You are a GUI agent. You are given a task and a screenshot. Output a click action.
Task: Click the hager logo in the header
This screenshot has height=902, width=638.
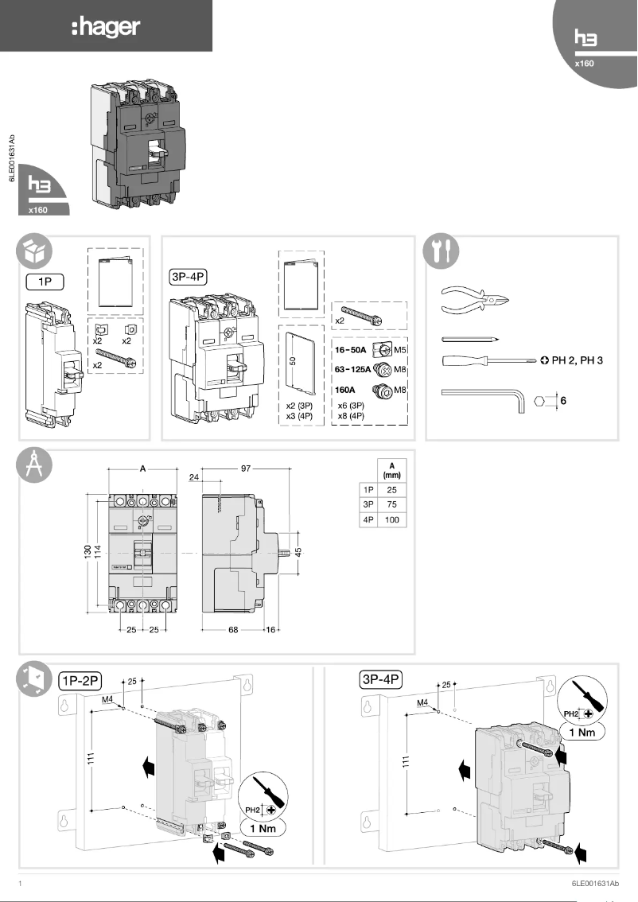(105, 28)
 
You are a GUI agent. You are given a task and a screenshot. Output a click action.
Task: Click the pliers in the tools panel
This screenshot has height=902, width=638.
(474, 302)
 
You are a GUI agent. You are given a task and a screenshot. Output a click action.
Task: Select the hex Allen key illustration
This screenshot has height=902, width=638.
(480, 395)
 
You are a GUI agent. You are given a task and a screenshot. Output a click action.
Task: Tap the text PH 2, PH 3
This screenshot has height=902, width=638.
(577, 360)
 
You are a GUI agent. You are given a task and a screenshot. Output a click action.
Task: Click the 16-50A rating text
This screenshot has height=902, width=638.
(351, 349)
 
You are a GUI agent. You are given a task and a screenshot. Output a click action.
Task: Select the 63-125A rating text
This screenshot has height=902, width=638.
(353, 370)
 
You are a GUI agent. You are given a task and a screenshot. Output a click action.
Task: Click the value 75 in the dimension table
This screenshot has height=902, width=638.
(391, 504)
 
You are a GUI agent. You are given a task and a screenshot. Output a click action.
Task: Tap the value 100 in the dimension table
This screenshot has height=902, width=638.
(391, 519)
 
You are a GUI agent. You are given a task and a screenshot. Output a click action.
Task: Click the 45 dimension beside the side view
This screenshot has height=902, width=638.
(298, 551)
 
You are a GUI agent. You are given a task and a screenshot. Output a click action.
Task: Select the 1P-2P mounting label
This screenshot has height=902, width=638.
(80, 680)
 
